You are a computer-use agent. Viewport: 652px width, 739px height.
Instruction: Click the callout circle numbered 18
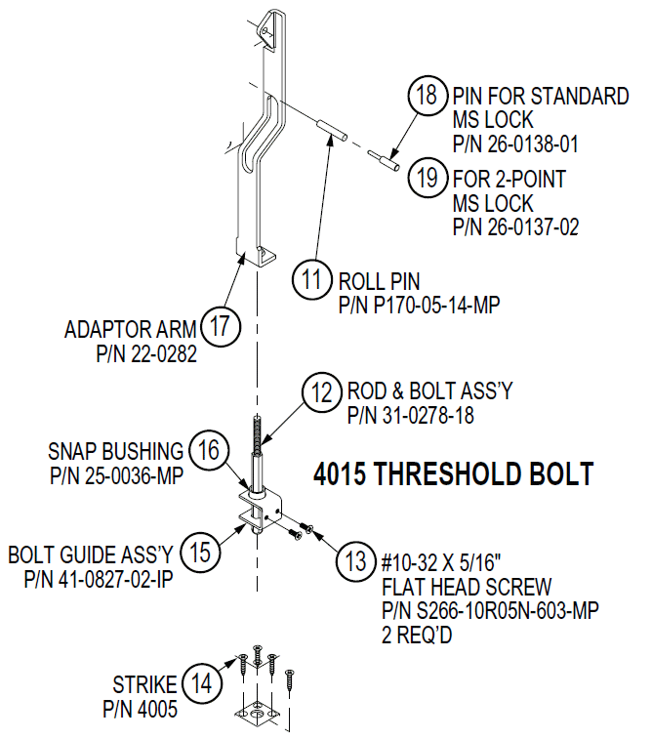pyautogui.click(x=427, y=98)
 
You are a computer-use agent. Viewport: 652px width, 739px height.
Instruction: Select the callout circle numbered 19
pyautogui.click(x=427, y=180)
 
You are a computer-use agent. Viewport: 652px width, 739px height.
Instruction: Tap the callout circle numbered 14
pyautogui.click(x=201, y=684)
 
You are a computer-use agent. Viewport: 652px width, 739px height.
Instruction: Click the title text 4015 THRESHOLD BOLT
pyautogui.click(x=453, y=474)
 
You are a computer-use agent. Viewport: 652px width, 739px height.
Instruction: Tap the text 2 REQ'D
pyautogui.click(x=422, y=635)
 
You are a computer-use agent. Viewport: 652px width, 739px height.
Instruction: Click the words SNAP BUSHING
pyautogui.click(x=115, y=451)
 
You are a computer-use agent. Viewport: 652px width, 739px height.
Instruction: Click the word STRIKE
pyautogui.click(x=144, y=683)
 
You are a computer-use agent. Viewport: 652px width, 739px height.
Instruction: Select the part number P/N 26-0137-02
pyautogui.click(x=516, y=227)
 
